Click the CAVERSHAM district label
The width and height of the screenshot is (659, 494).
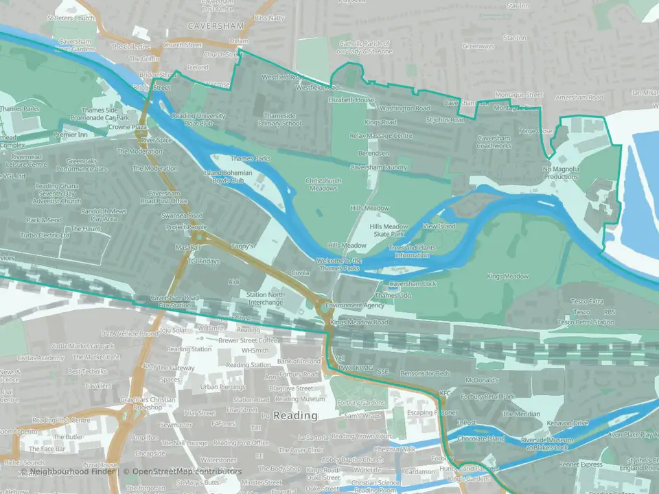coord(216,25)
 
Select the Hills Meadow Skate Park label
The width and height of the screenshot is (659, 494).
coord(389,231)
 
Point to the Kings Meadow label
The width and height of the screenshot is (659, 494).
coord(508,276)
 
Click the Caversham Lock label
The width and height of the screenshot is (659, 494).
coord(413,283)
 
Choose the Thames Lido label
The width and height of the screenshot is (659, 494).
coord(395,295)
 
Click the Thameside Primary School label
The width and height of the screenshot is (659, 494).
coord(280,120)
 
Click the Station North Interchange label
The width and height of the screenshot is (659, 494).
coord(266,298)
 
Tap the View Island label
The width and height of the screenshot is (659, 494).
coord(439,226)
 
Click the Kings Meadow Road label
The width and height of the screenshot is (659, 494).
coord(359,322)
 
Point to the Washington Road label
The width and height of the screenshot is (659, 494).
coord(405,108)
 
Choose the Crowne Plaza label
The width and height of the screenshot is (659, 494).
coord(128,127)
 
